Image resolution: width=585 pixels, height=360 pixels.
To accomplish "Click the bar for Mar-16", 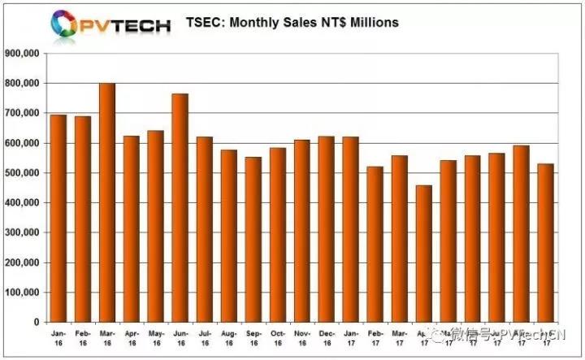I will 106,202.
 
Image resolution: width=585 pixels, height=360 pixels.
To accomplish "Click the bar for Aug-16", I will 228,236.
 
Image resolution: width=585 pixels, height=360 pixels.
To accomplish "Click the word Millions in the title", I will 370,23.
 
